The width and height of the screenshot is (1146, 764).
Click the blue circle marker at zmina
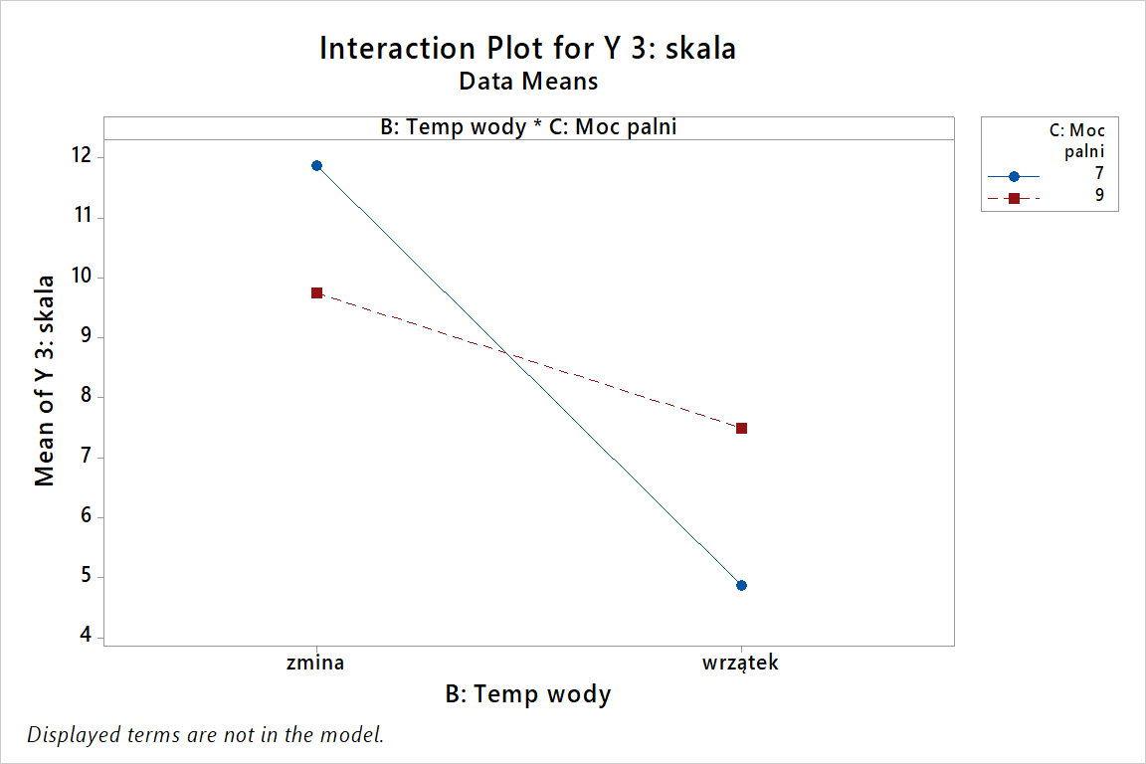316,165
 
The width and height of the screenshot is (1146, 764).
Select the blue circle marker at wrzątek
741,585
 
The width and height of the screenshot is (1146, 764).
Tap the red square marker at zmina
316,292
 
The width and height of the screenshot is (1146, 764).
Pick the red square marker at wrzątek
741,428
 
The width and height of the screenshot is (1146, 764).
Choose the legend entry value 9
1098,196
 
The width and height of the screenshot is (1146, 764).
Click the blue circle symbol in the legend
1014,176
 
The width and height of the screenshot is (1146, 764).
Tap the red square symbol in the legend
1014,198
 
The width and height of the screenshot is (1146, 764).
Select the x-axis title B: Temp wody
528,694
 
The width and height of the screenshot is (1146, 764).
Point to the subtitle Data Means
528,81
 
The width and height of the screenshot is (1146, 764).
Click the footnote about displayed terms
205,735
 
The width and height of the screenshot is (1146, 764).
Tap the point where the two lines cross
509,353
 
